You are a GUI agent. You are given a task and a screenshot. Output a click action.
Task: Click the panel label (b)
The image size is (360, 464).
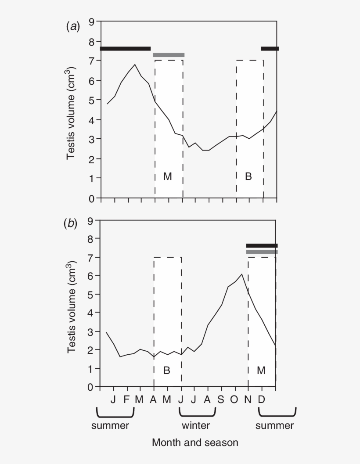click(71, 224)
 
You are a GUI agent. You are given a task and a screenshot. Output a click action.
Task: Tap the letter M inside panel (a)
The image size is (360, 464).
click(168, 176)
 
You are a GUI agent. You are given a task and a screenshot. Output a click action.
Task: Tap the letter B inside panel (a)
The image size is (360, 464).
click(248, 176)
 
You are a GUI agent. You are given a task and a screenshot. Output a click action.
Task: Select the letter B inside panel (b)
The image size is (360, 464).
click(167, 370)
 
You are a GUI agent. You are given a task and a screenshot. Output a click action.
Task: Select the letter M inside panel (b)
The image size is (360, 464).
click(261, 370)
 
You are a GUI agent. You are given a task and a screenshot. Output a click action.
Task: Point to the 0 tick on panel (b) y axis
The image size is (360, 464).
click(91, 387)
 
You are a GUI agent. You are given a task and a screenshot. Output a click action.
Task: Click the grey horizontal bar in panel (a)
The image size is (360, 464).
click(169, 55)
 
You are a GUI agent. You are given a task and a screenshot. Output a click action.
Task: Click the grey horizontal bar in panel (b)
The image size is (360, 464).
click(262, 252)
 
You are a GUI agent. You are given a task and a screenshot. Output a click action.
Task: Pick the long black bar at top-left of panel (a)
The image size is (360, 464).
click(126, 48)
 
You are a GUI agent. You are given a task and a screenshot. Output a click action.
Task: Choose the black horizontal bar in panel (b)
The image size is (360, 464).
click(262, 245)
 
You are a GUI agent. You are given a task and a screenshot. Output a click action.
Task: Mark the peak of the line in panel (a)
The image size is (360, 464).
click(135, 65)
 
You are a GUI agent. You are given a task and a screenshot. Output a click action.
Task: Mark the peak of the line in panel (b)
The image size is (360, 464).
click(242, 274)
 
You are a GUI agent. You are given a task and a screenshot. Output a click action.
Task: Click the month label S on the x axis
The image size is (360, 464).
click(221, 399)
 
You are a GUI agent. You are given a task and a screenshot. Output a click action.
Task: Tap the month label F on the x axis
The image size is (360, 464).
click(127, 399)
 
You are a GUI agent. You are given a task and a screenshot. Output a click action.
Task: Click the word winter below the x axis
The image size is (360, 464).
click(196, 425)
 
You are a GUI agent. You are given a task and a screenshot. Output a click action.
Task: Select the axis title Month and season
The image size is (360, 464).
click(195, 442)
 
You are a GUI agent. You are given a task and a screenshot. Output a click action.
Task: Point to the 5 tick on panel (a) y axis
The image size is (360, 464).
click(92, 100)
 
